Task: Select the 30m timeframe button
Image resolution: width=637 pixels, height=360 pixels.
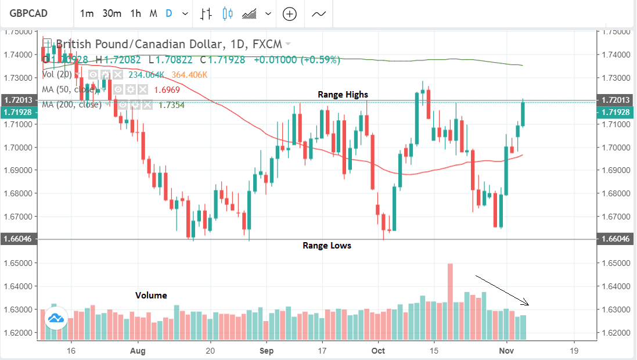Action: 111,13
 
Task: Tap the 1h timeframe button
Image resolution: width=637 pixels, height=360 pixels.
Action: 135,13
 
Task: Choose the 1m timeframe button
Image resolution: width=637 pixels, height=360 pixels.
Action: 87,13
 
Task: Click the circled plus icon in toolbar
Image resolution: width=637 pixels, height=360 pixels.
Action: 289,14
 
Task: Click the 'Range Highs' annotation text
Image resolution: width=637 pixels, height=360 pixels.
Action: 343,94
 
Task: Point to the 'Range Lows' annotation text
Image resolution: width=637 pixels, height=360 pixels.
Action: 327,246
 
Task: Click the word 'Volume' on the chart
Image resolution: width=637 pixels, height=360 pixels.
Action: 151,295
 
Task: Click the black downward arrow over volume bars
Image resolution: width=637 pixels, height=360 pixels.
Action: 502,290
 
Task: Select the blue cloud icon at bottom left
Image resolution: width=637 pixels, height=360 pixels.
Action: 56,318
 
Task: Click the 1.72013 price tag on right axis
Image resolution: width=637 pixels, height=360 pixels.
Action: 616,100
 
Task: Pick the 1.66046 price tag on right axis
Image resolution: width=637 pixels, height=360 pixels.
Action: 616,239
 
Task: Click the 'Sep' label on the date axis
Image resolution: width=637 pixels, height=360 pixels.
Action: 267,351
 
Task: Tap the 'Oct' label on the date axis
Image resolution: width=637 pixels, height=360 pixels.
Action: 379,351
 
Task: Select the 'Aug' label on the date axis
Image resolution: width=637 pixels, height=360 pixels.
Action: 137,351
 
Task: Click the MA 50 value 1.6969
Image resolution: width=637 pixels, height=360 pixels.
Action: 166,90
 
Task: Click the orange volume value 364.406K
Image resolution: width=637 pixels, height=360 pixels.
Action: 188,75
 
